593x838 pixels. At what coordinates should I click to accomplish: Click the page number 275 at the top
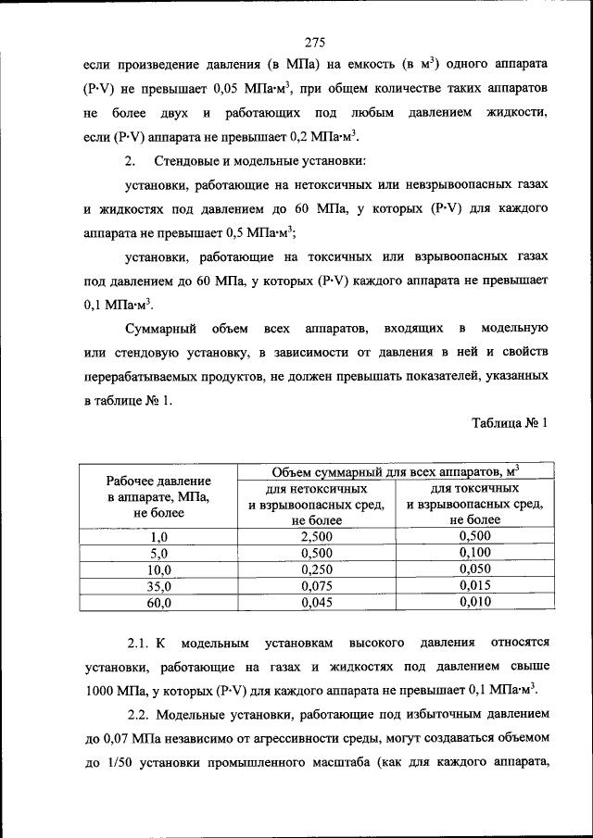312,42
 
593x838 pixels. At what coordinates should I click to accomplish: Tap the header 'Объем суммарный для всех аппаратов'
395,472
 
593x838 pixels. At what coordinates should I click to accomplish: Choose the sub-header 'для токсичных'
474,489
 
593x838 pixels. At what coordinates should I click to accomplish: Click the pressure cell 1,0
158,536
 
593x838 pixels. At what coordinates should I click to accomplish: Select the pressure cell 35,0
158,586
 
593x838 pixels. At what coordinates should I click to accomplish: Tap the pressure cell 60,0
158,603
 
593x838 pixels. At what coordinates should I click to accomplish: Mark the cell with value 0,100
474,553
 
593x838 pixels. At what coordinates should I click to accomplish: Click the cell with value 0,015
474,586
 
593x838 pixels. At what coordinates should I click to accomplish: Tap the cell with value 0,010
474,603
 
